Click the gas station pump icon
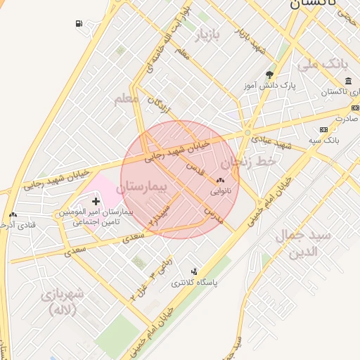[x=78, y=24]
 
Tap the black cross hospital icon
[x=96, y=202]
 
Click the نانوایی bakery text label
[x=221, y=190]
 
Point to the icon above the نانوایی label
[x=221, y=180]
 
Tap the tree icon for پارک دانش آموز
[x=270, y=75]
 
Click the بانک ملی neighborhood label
[x=323, y=65]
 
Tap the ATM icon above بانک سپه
[x=323, y=130]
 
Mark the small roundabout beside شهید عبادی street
[x=247, y=132]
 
